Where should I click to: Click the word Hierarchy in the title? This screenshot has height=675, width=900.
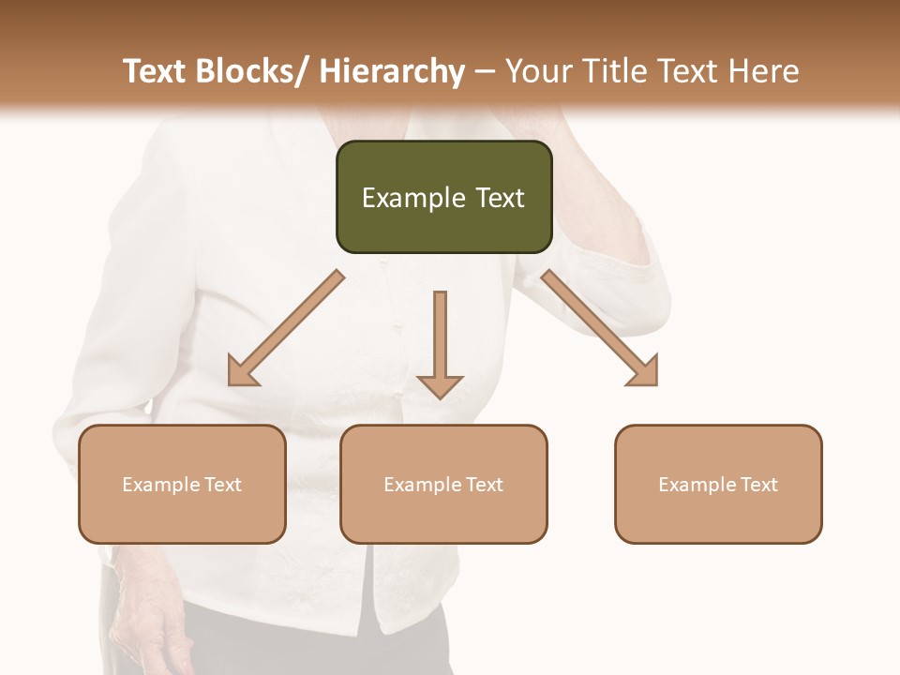[392, 71]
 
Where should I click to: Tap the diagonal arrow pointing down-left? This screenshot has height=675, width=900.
[286, 328]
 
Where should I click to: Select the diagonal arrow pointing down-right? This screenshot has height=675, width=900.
[600, 328]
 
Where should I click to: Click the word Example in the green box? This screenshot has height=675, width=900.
[412, 198]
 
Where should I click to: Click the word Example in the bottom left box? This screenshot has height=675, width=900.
[160, 485]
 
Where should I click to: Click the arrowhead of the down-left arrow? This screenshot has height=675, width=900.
[242, 371]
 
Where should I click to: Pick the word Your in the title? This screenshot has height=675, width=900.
[532, 71]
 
